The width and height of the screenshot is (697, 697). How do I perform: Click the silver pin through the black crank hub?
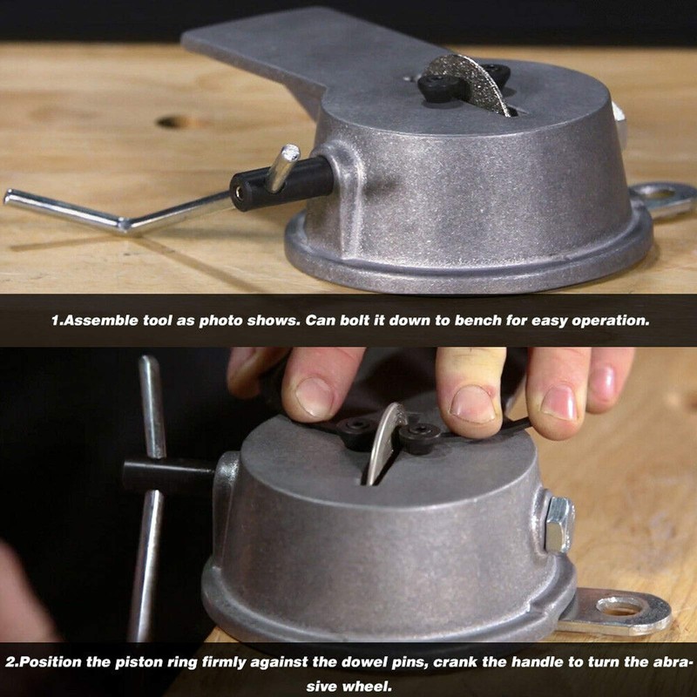click(x=282, y=168)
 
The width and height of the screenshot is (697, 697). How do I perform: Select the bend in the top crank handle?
click(x=125, y=226)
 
